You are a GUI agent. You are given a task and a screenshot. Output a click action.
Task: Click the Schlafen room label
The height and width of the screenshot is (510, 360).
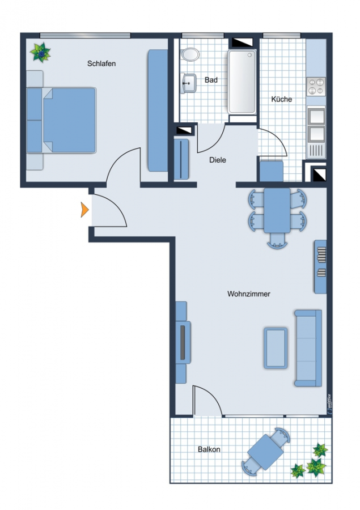(101, 63)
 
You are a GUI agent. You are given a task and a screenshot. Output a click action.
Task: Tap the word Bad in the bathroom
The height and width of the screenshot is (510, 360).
(211, 80)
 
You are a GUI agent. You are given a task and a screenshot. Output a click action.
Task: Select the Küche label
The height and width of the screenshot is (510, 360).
(282, 99)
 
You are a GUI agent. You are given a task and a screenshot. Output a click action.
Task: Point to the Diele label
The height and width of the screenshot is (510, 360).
(218, 160)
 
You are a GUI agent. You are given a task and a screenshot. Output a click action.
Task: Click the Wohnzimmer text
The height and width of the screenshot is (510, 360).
(249, 294)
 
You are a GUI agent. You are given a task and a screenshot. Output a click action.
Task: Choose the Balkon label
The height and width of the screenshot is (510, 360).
(209, 449)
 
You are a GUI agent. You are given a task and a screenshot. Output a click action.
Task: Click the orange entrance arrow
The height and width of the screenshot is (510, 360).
(84, 210)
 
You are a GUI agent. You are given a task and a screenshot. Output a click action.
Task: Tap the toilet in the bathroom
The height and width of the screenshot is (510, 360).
(190, 54)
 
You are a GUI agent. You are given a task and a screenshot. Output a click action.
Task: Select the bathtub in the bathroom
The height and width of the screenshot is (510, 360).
(242, 82)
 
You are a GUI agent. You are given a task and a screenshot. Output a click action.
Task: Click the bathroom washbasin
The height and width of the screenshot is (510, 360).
(189, 83)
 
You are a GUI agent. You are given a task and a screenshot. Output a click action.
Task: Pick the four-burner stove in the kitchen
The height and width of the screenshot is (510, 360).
(316, 87)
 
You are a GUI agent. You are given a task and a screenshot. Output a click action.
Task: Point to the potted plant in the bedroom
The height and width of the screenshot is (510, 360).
(40, 52)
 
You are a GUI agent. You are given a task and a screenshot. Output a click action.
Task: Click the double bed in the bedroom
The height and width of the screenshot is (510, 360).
(62, 120)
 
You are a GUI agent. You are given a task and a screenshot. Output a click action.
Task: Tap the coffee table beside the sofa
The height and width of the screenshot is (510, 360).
(276, 348)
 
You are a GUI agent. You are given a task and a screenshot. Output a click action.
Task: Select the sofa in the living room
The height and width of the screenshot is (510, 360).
(308, 348)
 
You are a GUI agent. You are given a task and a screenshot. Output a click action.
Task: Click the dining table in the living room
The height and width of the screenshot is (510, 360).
(277, 210)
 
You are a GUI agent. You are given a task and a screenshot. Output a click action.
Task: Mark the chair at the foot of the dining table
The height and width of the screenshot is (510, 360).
(277, 241)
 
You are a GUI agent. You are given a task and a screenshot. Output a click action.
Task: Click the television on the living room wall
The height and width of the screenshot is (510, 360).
(183, 342)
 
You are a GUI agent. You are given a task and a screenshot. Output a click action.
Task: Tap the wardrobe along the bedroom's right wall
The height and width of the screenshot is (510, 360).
(158, 110)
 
